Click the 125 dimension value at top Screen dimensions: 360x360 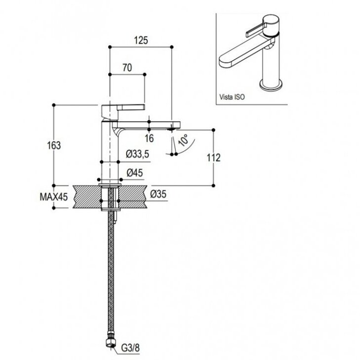[x=141, y=40]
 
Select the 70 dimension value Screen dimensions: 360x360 [x=127, y=68]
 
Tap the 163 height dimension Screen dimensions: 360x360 [x=54, y=145]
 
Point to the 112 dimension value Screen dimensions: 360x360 [x=214, y=158]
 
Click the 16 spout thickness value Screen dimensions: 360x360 [x=149, y=138]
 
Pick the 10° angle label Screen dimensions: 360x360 [x=183, y=140]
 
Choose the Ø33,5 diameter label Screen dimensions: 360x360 [x=137, y=154]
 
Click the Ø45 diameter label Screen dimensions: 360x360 [x=135, y=173]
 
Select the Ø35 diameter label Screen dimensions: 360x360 [x=158, y=194]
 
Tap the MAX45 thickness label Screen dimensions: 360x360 [x=54, y=197]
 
